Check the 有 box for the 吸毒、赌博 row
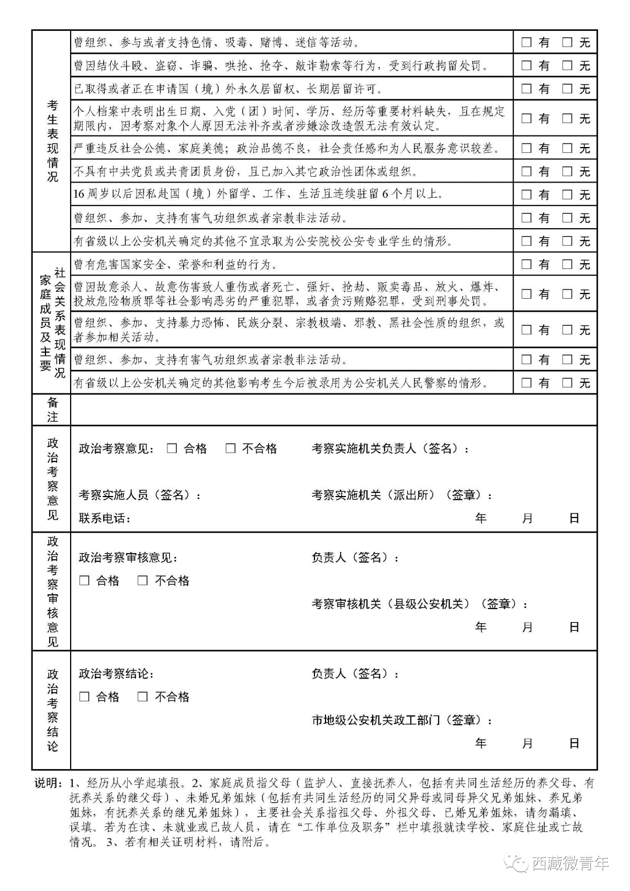pyautogui.click(x=526, y=42)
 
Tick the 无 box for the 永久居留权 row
pyautogui.click(x=567, y=89)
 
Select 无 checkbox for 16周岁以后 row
pyautogui.click(x=567, y=194)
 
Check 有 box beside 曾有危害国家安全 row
pyautogui.click(x=526, y=264)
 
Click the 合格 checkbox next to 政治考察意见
pyautogui.click(x=172, y=448)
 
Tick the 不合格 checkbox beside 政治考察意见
pyautogui.click(x=230, y=448)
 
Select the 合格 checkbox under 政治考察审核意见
pyautogui.click(x=85, y=581)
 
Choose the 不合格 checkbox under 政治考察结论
pyautogui.click(x=143, y=697)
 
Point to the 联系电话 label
pyautogui.click(x=104, y=518)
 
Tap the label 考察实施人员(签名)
pyautogui.click(x=139, y=495)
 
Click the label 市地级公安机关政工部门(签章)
pyautogui.click(x=401, y=721)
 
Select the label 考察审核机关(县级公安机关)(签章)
pyautogui.click(x=419, y=605)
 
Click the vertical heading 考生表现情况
pyautogui.click(x=52, y=141)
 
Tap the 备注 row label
pyautogui.click(x=52, y=410)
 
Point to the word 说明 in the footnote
pyautogui.click(x=47, y=783)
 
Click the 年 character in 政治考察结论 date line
pyautogui.click(x=481, y=743)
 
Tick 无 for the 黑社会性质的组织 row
pyautogui.click(x=567, y=330)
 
